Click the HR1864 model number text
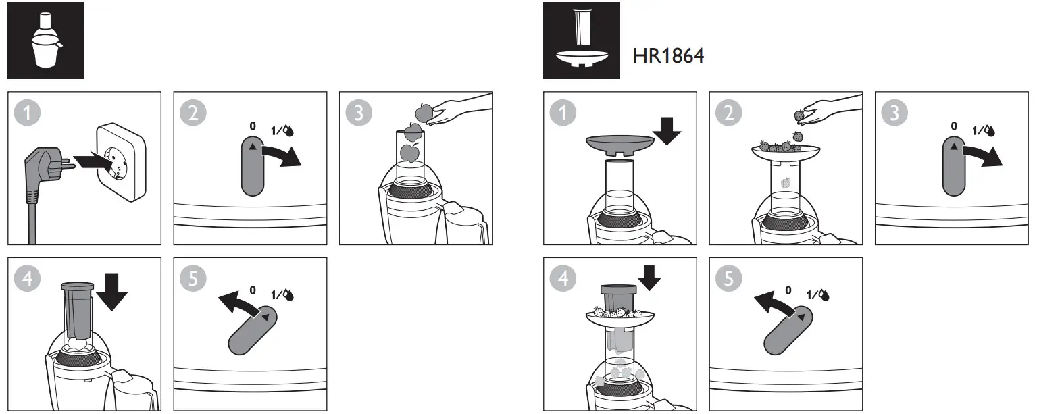pyautogui.click(x=668, y=56)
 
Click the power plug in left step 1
pyautogui.click(x=47, y=180)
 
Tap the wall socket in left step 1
pyautogui.click(x=122, y=162)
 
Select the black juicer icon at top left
pyautogui.click(x=46, y=41)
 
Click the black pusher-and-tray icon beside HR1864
pyautogui.click(x=582, y=41)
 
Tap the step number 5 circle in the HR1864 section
pyautogui.click(x=729, y=278)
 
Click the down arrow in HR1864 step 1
pyautogui.click(x=667, y=131)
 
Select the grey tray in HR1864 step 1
pyautogui.click(x=620, y=145)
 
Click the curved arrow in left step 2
pyautogui.click(x=281, y=155)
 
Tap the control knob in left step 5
pyautogui.click(x=253, y=330)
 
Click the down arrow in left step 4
pyautogui.click(x=111, y=292)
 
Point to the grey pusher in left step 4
pyautogui.click(x=78, y=310)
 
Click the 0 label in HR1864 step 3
pyautogui.click(x=954, y=126)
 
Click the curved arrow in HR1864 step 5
pyautogui.click(x=774, y=303)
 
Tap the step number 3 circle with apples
pyautogui.click(x=359, y=112)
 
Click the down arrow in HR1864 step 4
pyautogui.click(x=649, y=278)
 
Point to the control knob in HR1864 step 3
pyautogui.click(x=954, y=167)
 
